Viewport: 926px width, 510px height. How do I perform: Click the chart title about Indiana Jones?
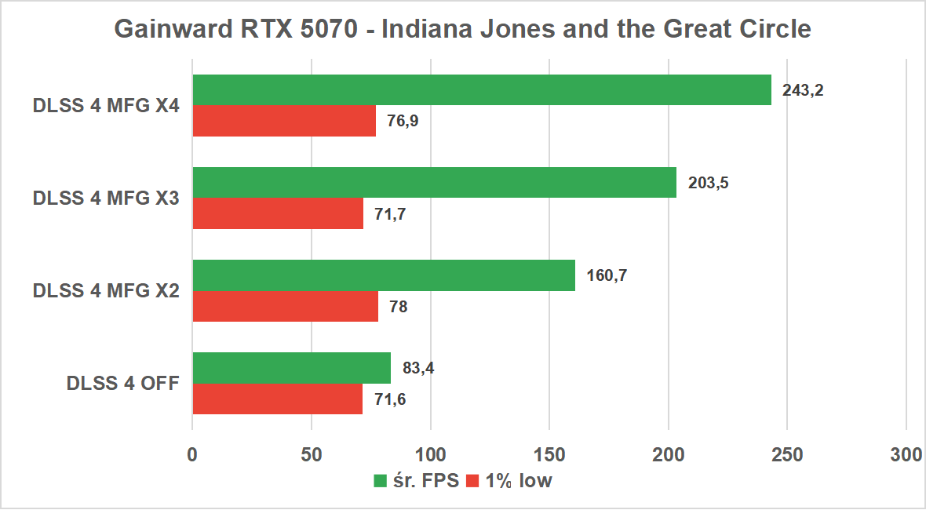tap(462, 30)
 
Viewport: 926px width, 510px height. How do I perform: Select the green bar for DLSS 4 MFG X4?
tap(482, 90)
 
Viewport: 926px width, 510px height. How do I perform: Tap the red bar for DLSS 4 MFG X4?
tap(284, 121)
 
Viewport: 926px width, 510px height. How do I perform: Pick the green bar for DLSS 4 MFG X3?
tap(434, 182)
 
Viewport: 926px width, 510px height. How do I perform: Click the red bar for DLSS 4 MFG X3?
tap(278, 213)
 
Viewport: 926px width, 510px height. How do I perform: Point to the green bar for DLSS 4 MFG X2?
tap(384, 275)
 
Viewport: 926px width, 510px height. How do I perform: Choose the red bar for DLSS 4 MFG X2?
tap(285, 306)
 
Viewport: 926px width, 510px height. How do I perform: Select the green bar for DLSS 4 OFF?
tap(291, 368)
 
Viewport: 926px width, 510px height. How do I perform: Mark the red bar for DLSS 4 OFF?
tap(277, 399)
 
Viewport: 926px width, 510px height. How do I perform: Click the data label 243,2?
tap(803, 90)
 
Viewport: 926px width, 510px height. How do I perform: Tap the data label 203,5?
tap(708, 183)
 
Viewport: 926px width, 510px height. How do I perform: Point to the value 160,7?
tap(607, 275)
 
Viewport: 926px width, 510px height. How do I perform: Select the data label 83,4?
tap(418, 368)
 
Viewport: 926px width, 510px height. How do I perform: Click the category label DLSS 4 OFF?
tap(123, 384)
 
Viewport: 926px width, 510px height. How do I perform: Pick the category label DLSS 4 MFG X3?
tap(106, 199)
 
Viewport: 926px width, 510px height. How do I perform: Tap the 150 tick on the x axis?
tap(549, 455)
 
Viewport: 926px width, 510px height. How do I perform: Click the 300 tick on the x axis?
tap(906, 455)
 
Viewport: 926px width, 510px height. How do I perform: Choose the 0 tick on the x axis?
tap(192, 455)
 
